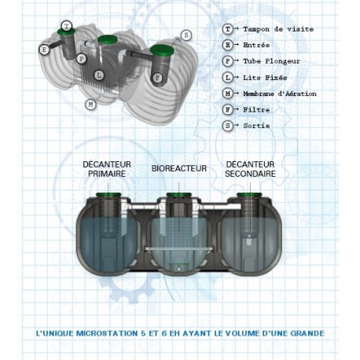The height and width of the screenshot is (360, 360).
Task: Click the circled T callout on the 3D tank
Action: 67,26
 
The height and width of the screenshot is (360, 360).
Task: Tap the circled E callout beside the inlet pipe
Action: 44,50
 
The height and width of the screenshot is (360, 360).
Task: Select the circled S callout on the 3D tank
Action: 186,35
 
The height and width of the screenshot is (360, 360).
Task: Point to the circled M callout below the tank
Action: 90,105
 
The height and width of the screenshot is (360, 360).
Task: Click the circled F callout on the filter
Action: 157,78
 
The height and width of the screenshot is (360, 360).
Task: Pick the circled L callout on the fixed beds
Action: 99,75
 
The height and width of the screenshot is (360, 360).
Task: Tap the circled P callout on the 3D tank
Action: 81,59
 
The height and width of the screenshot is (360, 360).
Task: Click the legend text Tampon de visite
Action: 278,29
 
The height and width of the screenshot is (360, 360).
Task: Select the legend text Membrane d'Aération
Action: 280,94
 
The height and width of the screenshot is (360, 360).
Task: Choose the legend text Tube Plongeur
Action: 271,61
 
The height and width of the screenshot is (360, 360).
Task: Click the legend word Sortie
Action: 256,126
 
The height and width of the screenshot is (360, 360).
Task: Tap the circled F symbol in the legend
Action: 228,109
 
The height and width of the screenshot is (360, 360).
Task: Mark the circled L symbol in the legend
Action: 228,77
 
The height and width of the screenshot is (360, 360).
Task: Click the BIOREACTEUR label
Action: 179,168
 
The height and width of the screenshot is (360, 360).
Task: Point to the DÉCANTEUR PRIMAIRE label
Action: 107,169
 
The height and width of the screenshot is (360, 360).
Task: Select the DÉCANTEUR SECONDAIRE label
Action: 250,169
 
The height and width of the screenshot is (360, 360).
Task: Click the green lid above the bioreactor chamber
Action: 179,195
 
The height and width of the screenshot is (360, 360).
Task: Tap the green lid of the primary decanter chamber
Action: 108,195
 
